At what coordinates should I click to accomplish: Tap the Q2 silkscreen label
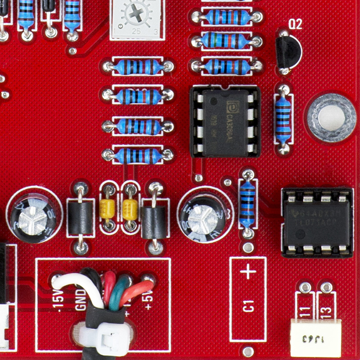click(x=295, y=25)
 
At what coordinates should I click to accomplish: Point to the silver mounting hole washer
click(x=331, y=118)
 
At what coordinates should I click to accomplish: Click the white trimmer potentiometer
click(x=135, y=18)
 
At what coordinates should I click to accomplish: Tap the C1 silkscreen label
click(x=248, y=307)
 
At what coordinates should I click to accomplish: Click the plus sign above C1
click(x=248, y=271)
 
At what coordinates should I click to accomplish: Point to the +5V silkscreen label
click(x=148, y=300)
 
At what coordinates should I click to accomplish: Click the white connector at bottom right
click(x=315, y=337)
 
